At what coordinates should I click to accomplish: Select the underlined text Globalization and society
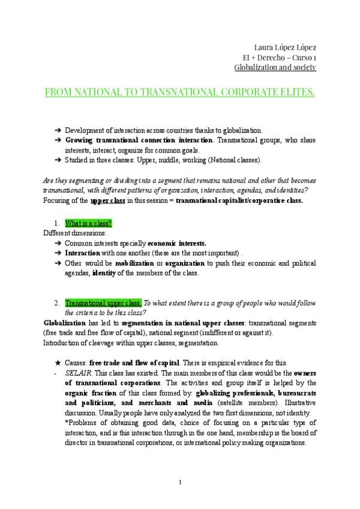275,67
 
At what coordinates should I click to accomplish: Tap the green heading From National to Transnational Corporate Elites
180,93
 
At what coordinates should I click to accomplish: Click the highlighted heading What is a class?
88,223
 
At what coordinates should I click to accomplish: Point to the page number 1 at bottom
180,483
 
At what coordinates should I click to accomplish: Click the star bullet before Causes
56,363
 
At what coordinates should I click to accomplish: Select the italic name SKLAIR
78,373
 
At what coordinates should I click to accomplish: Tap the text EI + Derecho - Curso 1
275,57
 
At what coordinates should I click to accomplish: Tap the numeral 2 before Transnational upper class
56,303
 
